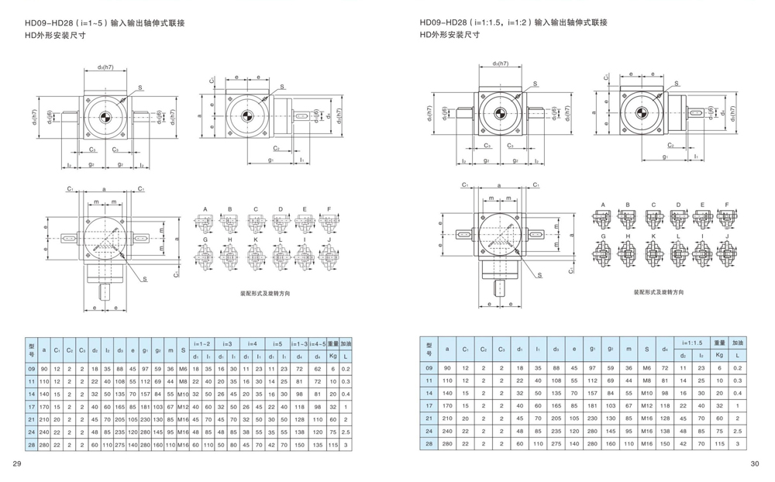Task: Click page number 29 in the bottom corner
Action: pos(16,464)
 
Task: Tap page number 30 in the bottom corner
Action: pos(756,464)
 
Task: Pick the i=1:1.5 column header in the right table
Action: pos(692,342)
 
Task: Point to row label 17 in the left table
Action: pos(31,405)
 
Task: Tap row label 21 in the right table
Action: pos(428,418)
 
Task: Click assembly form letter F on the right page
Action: pos(727,205)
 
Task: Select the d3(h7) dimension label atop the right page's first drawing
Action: pos(500,64)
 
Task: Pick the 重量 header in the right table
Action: pos(718,342)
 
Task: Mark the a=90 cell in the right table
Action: pos(446,368)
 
